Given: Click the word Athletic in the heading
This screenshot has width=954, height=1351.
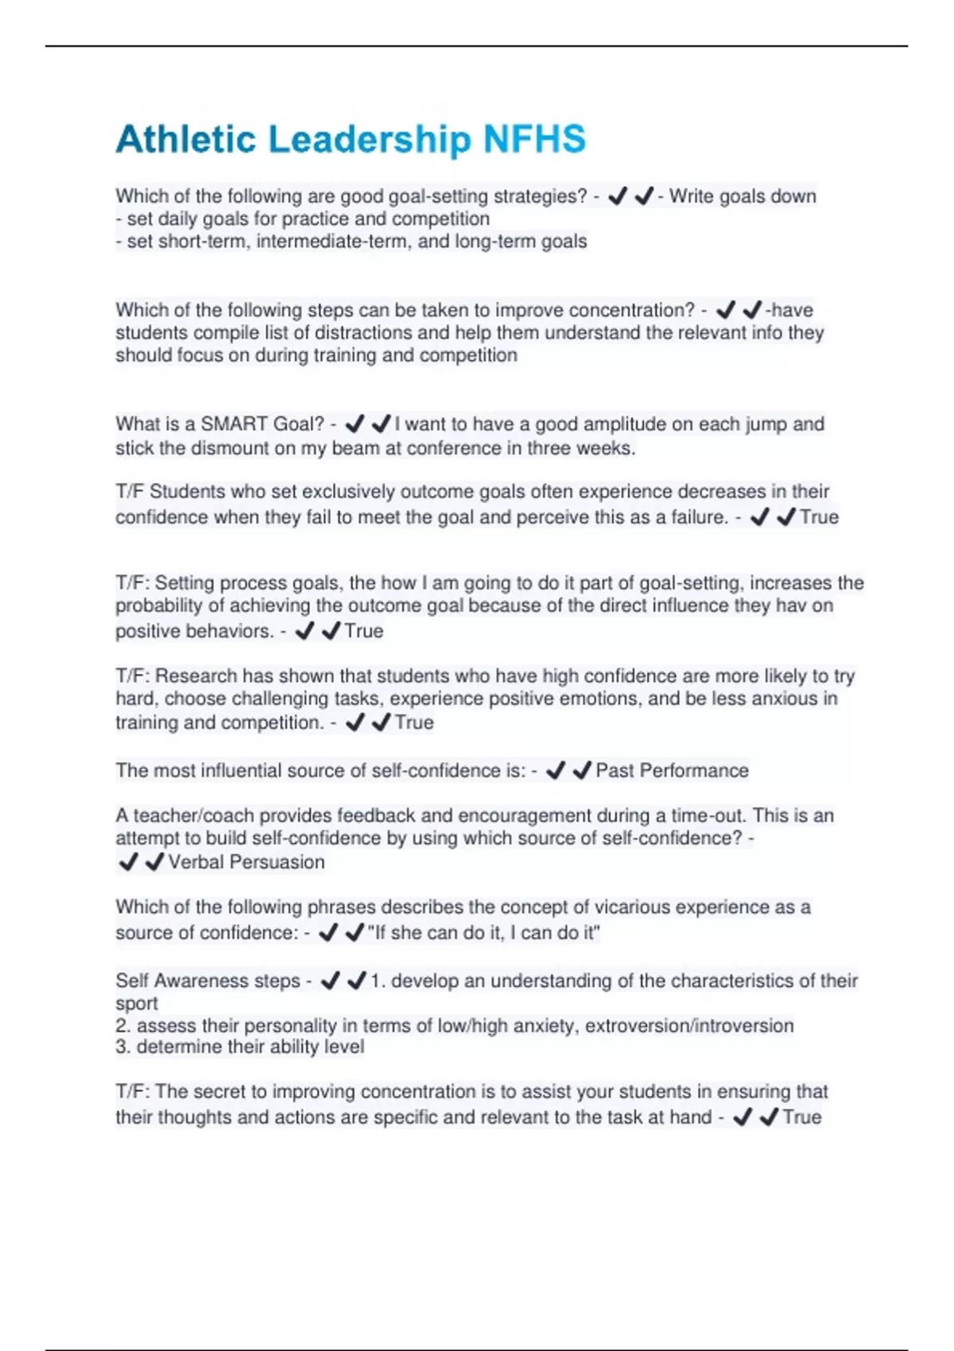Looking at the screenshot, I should (186, 139).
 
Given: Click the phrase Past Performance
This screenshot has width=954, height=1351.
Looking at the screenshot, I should (672, 770).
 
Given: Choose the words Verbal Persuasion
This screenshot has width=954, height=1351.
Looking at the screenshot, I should (246, 862).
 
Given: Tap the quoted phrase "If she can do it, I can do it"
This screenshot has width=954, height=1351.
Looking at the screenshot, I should (484, 933).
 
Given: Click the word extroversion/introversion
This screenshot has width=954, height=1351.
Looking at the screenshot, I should (689, 1026).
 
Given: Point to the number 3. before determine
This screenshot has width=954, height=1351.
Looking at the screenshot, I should (123, 1047).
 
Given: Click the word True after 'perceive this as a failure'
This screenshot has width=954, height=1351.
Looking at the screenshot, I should (819, 517).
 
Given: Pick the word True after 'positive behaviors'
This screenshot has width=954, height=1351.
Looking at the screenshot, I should (364, 631).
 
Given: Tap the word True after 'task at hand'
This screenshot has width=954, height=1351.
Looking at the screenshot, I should (801, 1117).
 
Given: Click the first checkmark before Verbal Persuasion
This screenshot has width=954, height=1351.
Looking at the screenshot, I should (128, 862).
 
